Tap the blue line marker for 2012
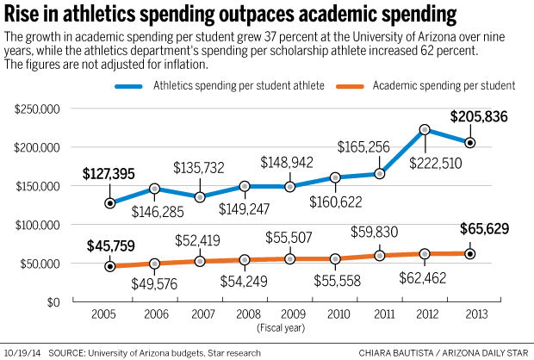point(425,130)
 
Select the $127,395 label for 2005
point(109,174)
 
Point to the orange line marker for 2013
point(470,253)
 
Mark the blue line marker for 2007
point(200,196)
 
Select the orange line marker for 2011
point(380,256)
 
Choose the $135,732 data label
point(200,166)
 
